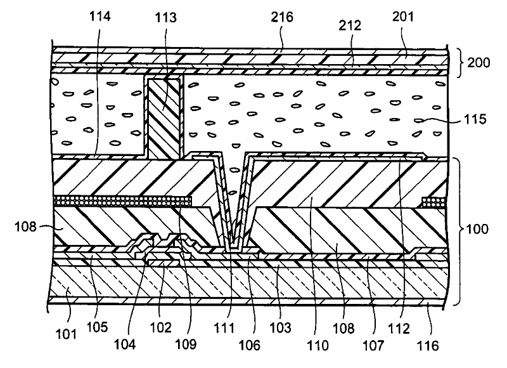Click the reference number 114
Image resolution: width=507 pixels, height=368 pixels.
[101, 17]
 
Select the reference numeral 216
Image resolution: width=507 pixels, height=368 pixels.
[282, 17]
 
